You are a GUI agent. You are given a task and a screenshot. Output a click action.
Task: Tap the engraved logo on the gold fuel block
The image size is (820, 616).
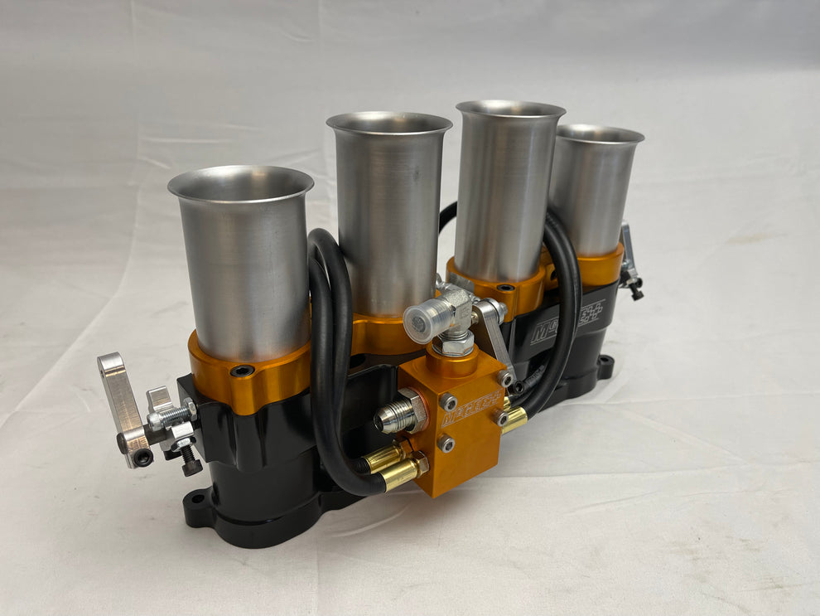click(x=469, y=409)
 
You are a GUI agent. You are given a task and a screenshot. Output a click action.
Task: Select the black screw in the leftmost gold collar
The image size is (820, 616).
click(x=243, y=371)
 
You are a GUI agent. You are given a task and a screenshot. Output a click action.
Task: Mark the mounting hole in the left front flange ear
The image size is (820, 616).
click(x=196, y=501)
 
